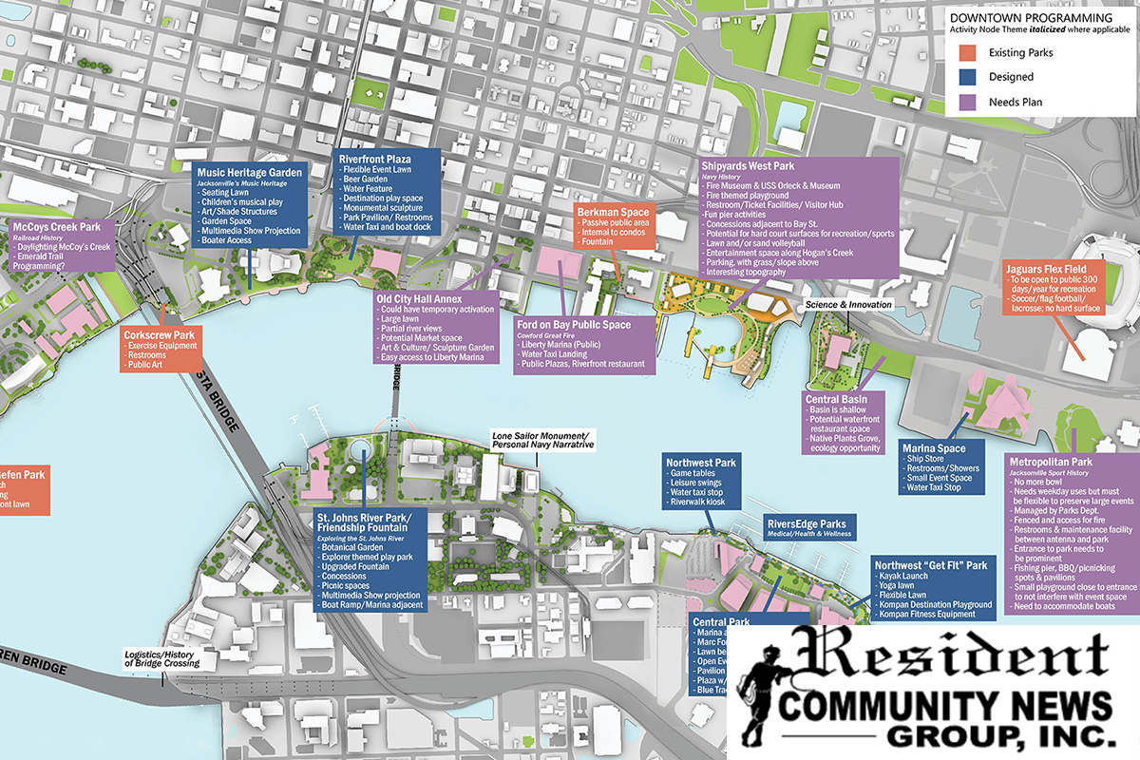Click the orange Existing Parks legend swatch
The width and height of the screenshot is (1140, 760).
970,52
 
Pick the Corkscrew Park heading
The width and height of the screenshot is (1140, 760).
159,334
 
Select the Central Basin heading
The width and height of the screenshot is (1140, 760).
836,399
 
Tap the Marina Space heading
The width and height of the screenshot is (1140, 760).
936,448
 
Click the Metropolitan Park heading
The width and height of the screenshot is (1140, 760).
1051,463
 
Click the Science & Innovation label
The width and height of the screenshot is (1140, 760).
848,305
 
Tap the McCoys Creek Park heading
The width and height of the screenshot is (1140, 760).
58,227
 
